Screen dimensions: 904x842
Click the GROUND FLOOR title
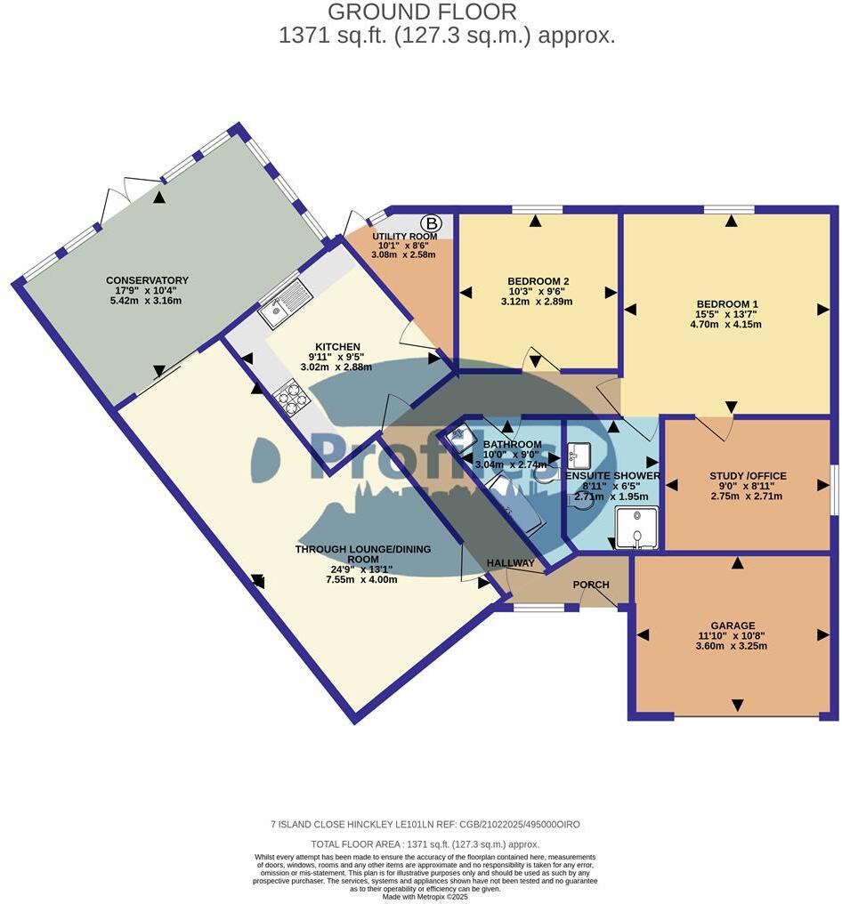(x=422, y=12)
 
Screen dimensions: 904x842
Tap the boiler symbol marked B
(x=432, y=222)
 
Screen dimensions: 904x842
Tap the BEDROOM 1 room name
(x=726, y=302)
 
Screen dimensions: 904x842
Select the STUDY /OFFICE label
(x=748, y=475)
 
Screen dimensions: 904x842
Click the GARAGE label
(x=733, y=626)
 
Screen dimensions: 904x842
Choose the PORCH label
(x=591, y=585)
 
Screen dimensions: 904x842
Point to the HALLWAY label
(x=511, y=563)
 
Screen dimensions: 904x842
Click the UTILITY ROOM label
(x=404, y=236)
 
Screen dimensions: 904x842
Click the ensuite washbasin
(x=578, y=455)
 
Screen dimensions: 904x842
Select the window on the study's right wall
(x=834, y=488)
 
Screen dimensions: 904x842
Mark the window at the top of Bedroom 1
(x=728, y=210)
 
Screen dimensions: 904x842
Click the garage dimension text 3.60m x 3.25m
(x=733, y=646)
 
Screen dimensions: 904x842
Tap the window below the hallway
(x=539, y=608)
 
